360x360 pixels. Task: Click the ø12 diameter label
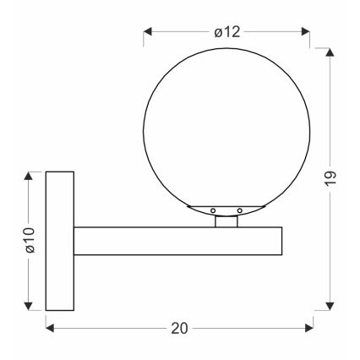point(227,32)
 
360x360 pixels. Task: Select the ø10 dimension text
point(27,240)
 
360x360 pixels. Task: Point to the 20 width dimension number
point(179,329)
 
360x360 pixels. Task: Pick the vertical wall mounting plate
point(58,241)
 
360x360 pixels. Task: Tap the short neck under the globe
point(226,221)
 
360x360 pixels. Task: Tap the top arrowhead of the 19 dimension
point(330,53)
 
